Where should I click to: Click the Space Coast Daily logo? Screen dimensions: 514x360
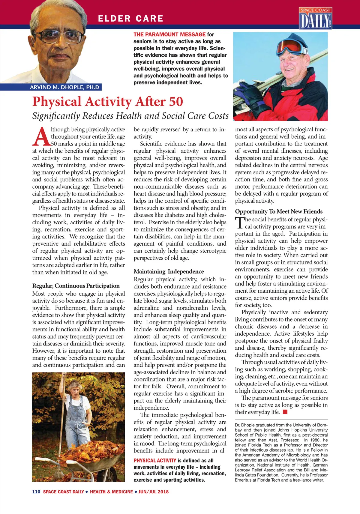(315, 19)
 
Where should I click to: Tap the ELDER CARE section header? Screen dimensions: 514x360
(130, 19)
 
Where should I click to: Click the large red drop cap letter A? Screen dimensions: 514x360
(41, 137)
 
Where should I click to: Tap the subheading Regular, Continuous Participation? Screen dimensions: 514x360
(76, 286)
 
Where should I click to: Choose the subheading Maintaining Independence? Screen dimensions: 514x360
(169, 271)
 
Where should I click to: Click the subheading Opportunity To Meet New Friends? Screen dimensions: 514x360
(279, 211)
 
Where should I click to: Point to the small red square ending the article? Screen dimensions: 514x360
(285, 412)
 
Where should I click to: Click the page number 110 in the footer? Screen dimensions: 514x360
(36, 492)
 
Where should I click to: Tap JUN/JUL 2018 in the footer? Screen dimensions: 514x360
(153, 492)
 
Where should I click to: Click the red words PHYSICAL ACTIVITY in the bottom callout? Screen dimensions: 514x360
(155, 461)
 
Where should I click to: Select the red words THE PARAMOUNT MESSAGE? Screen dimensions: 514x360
(169, 34)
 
